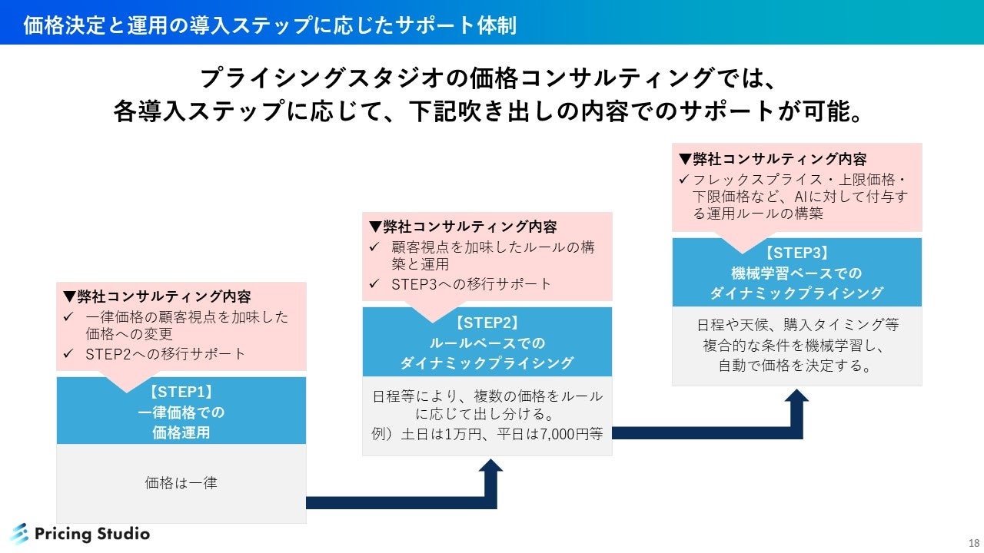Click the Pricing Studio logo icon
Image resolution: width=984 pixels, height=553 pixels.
click(19, 534)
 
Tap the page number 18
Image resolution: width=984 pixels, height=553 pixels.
click(973, 542)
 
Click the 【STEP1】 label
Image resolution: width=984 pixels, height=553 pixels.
click(181, 392)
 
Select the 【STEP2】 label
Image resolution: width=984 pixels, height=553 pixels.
click(487, 323)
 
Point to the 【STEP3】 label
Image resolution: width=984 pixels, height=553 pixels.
click(796, 253)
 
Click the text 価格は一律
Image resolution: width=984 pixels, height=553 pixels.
click(181, 483)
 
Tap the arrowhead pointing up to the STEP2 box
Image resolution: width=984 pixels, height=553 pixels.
click(490, 467)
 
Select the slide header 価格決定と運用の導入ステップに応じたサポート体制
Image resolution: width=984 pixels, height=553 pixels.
click(269, 25)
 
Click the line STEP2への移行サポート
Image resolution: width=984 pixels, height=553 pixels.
click(165, 354)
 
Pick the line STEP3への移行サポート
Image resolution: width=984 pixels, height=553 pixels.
click(471, 284)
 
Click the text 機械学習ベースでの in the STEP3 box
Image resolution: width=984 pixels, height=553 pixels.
click(796, 273)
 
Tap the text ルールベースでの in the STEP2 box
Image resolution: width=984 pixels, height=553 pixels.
click(487, 343)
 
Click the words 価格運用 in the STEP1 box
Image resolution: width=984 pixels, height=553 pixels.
click(181, 432)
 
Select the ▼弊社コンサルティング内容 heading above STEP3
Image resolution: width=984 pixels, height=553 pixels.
click(772, 159)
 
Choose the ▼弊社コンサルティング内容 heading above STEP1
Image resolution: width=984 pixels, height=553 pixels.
click(157, 296)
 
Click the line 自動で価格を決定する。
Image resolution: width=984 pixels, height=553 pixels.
click(796, 366)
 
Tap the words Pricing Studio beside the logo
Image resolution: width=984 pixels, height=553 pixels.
click(93, 534)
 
